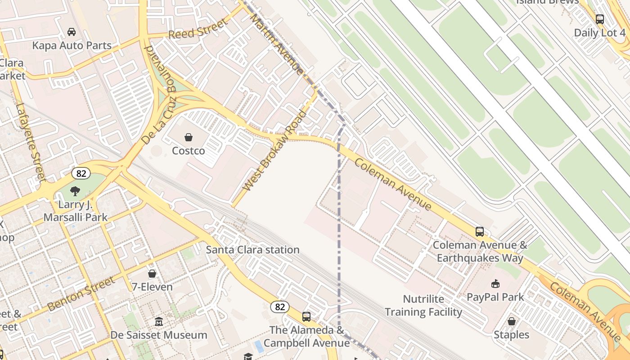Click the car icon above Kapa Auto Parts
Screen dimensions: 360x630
72,31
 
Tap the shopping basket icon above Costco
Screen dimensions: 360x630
189,137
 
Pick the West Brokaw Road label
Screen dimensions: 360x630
274,151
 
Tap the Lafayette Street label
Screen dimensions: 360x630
31,141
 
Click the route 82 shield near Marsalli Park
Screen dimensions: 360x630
81,173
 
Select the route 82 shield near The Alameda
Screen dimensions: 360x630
279,307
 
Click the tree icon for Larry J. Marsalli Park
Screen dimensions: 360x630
75,191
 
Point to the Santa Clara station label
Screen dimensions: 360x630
252,250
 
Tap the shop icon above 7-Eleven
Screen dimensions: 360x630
152,274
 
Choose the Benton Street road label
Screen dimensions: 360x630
81,294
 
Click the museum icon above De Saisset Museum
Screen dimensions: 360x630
159,322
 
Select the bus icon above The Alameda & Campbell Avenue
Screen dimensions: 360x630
306,317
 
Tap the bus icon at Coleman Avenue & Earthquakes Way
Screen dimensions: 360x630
480,232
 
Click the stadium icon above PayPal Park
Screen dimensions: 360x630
495,283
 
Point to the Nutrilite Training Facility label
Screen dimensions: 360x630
423,306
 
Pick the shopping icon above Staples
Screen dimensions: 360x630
511,321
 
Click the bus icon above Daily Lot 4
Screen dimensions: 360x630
600,19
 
